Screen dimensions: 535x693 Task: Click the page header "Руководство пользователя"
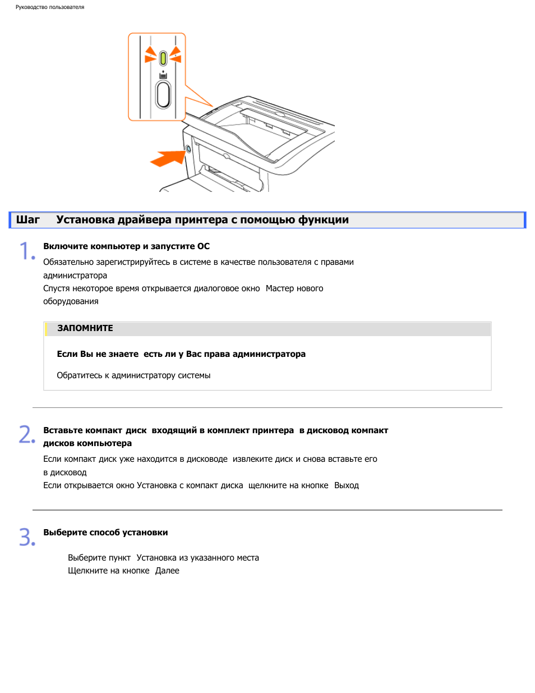coord(50,7)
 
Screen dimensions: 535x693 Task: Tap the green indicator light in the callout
coord(163,58)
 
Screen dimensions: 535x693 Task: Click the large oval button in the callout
coord(163,95)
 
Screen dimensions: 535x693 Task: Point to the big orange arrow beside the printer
coord(168,158)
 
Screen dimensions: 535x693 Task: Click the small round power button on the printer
coord(188,149)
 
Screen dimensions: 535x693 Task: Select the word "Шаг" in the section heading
coord(27,220)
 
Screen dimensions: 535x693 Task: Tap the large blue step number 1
coord(27,251)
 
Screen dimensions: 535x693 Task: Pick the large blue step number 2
coord(27,434)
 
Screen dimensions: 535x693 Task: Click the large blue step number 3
coord(27,537)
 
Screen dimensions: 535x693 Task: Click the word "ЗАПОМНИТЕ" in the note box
coord(85,328)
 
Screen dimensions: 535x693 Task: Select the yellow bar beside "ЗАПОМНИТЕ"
coord(46,329)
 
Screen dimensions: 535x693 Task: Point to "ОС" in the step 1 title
coord(204,246)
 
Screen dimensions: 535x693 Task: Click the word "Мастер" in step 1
coord(279,288)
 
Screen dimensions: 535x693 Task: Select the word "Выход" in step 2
coord(347,485)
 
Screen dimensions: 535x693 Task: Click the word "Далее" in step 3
coord(167,571)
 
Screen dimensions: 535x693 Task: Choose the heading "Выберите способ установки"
coord(105,533)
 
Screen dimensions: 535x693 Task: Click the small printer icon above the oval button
coord(163,75)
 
